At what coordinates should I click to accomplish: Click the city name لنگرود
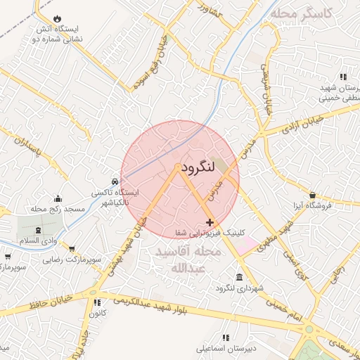(x=196, y=169)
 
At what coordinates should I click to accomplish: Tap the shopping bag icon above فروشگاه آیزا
(x=312, y=195)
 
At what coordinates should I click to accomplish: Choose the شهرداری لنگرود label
(x=240, y=288)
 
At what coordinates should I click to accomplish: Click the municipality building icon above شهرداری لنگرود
(x=240, y=277)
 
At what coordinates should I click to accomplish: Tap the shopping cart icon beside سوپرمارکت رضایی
(x=72, y=249)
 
